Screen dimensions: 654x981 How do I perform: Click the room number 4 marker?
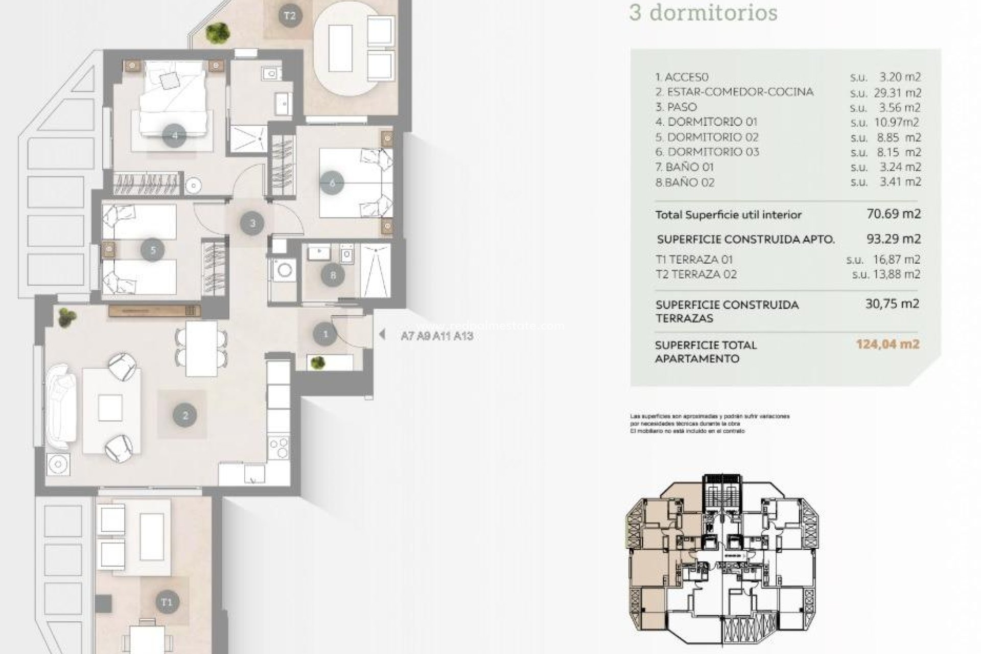pos(175,136)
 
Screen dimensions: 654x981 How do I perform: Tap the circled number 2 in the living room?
pos(185,415)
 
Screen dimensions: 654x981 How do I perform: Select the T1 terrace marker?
pos(167,602)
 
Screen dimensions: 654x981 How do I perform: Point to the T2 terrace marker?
pos(289,15)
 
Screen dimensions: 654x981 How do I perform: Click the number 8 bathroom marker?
pos(333,276)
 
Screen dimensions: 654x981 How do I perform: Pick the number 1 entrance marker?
pos(325,335)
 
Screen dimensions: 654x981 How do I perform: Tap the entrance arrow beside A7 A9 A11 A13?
pos(382,335)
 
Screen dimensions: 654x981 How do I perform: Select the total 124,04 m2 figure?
pos(887,344)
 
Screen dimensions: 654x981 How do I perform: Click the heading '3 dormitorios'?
pos(703,13)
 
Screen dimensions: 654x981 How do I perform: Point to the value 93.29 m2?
pos(894,239)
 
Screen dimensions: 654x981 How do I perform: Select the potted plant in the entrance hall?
pos(318,362)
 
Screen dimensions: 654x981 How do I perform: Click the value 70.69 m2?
pos(894,214)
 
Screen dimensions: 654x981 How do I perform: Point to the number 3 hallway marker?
pos(252,223)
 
